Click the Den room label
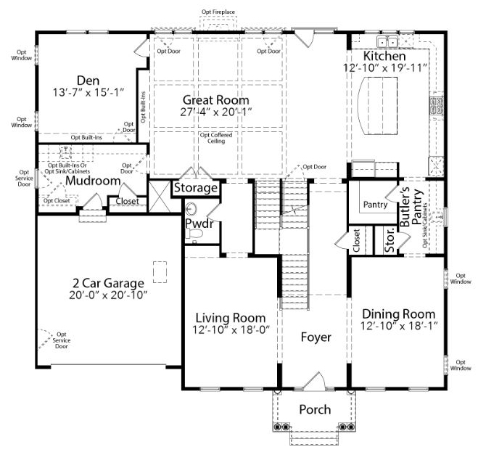point(88,81)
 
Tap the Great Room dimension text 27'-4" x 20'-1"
point(216,112)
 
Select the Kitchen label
point(384,56)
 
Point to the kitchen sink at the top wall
point(387,41)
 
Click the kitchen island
point(377,106)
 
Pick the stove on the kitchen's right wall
point(437,105)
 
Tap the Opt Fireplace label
point(218,12)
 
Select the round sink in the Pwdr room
point(191,209)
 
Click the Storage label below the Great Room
point(196,188)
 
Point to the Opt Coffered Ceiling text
point(216,138)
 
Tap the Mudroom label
point(93,181)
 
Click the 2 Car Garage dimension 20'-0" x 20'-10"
point(108,295)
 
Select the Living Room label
point(231,318)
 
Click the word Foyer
point(316,337)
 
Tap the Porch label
point(315,409)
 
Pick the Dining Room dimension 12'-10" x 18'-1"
point(399,326)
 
